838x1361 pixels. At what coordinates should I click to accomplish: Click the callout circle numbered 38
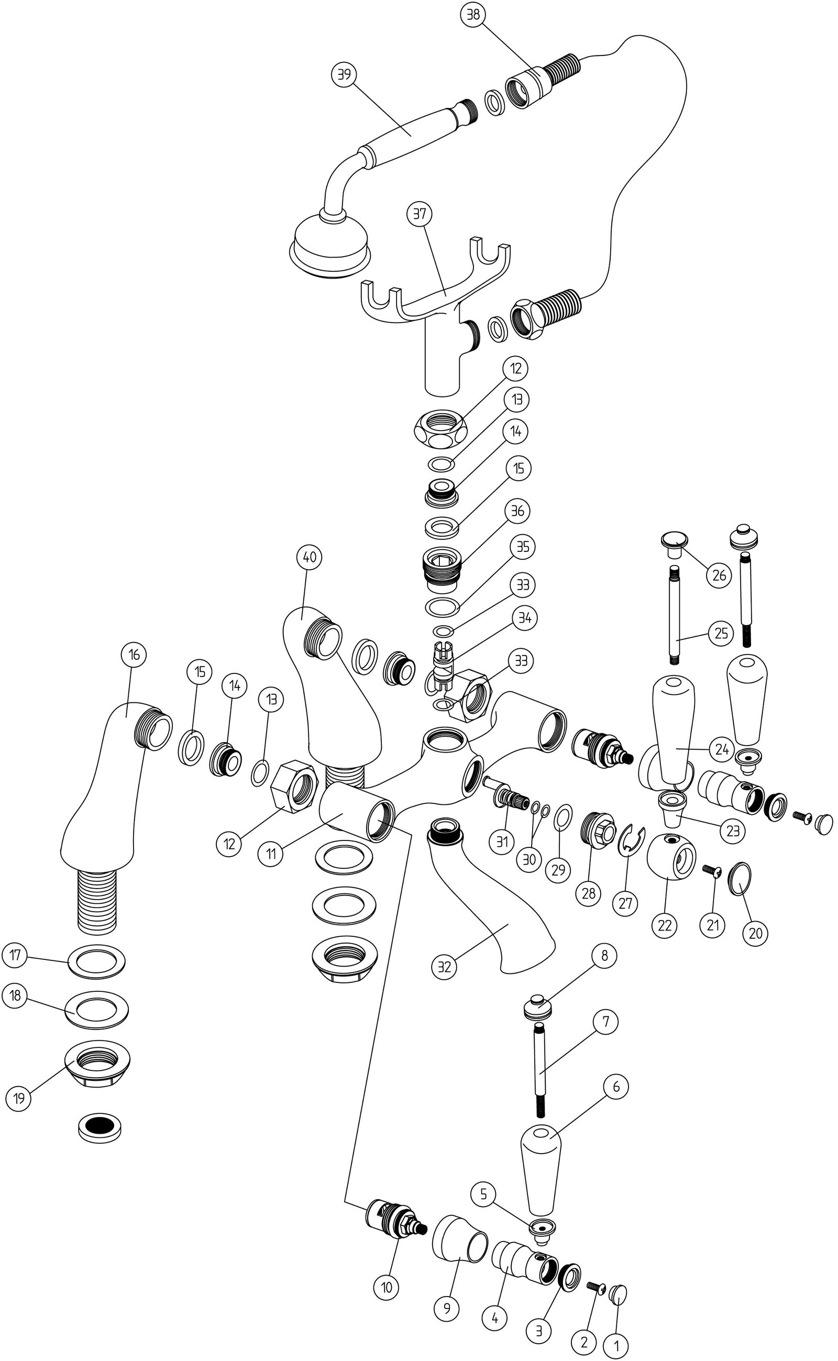pos(473,16)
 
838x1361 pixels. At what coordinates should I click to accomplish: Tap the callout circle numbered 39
pos(344,74)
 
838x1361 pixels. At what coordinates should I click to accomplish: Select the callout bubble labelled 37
pos(420,214)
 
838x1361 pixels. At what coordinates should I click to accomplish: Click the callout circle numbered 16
pos(134,655)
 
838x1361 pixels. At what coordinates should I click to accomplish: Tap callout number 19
pos(19,1098)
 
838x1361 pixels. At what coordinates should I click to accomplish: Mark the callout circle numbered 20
pos(755,933)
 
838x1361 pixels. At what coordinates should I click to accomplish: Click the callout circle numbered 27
pos(625,903)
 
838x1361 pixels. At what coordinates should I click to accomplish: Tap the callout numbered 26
pos(719,575)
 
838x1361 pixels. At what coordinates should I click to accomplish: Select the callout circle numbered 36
pos(517,511)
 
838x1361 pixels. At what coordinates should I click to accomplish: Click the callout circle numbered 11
pos(270,854)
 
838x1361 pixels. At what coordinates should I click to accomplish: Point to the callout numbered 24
pos(721,750)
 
